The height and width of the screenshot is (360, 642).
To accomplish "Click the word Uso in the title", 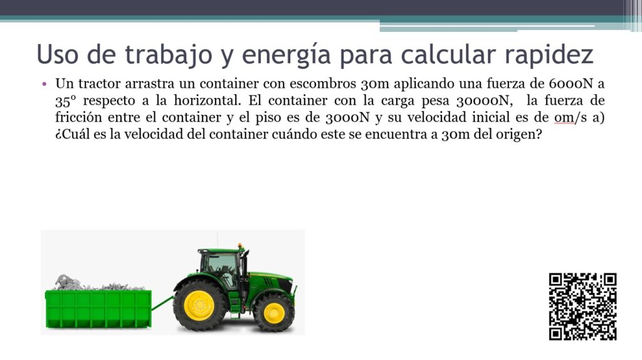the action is [57, 54].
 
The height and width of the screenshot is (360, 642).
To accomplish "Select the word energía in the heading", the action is [286, 56].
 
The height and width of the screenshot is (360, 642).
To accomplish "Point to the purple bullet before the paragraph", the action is [45, 85].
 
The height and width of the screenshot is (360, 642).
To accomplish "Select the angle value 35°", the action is [65, 101].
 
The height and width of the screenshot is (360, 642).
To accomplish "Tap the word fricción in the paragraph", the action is [78, 117].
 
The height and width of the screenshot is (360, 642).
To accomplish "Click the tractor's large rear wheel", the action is [199, 305].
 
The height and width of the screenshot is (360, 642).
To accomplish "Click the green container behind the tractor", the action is [98, 309].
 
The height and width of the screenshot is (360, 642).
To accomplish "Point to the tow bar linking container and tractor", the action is [162, 304].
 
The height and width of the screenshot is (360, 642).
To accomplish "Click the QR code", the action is [582, 306].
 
